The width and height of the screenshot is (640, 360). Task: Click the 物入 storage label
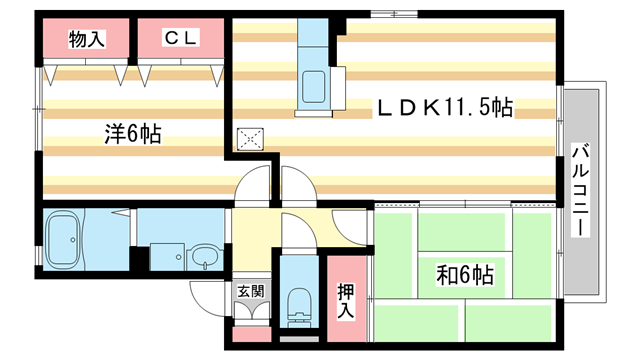[x=86, y=39]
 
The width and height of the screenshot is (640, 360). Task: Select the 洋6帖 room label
[x=134, y=133]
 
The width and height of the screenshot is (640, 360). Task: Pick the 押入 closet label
[x=344, y=301]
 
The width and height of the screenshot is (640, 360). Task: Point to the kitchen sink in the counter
[x=312, y=87]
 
